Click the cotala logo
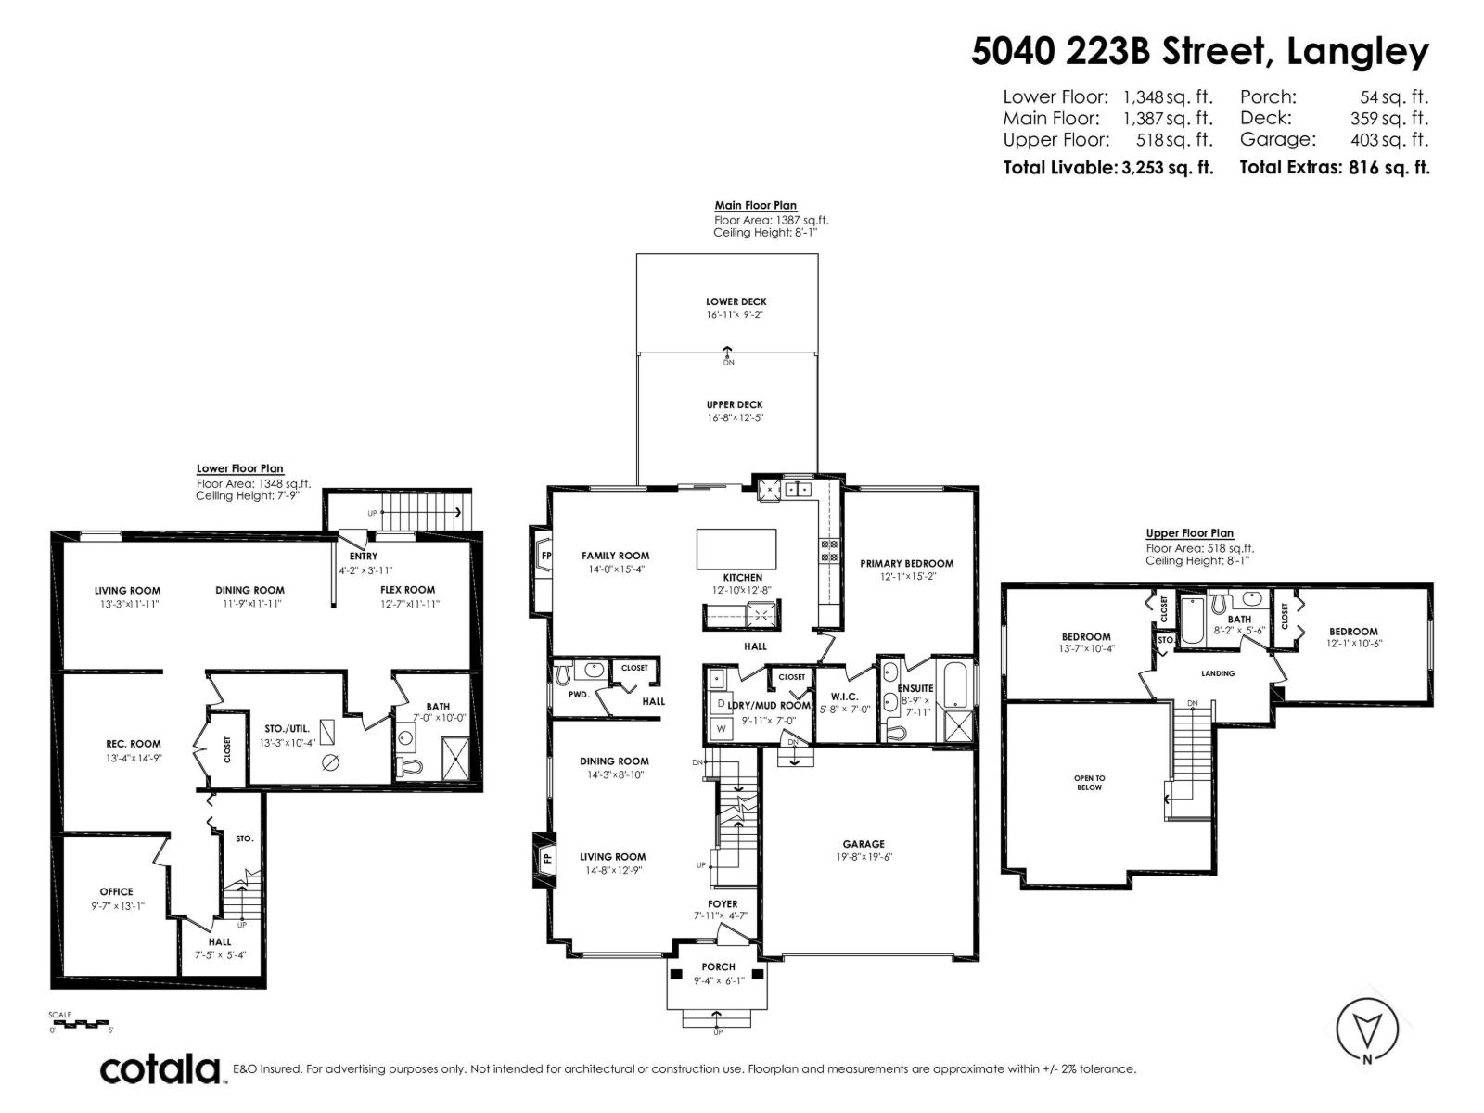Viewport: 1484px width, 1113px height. (x=161, y=1069)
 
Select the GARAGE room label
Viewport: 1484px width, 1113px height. (x=864, y=844)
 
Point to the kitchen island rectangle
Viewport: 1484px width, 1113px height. (x=736, y=549)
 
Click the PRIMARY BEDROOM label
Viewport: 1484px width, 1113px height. (x=906, y=564)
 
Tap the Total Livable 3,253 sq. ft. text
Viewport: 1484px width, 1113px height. (x=1108, y=168)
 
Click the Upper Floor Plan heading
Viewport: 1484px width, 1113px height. (x=1189, y=533)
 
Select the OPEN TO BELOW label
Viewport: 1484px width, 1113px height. (x=1089, y=783)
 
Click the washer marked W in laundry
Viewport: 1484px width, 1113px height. (x=721, y=729)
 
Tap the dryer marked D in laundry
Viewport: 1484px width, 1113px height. (x=721, y=703)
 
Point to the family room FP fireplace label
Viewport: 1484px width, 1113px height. (x=546, y=556)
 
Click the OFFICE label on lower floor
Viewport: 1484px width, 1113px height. (x=116, y=892)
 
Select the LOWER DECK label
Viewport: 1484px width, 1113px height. (x=736, y=302)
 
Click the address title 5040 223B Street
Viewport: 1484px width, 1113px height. (x=1118, y=51)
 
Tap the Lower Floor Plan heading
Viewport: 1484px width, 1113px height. (x=240, y=468)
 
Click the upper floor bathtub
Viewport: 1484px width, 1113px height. (x=1192, y=620)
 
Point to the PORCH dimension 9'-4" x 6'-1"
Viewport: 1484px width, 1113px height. (x=718, y=980)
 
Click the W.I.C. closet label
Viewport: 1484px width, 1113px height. (x=844, y=697)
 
